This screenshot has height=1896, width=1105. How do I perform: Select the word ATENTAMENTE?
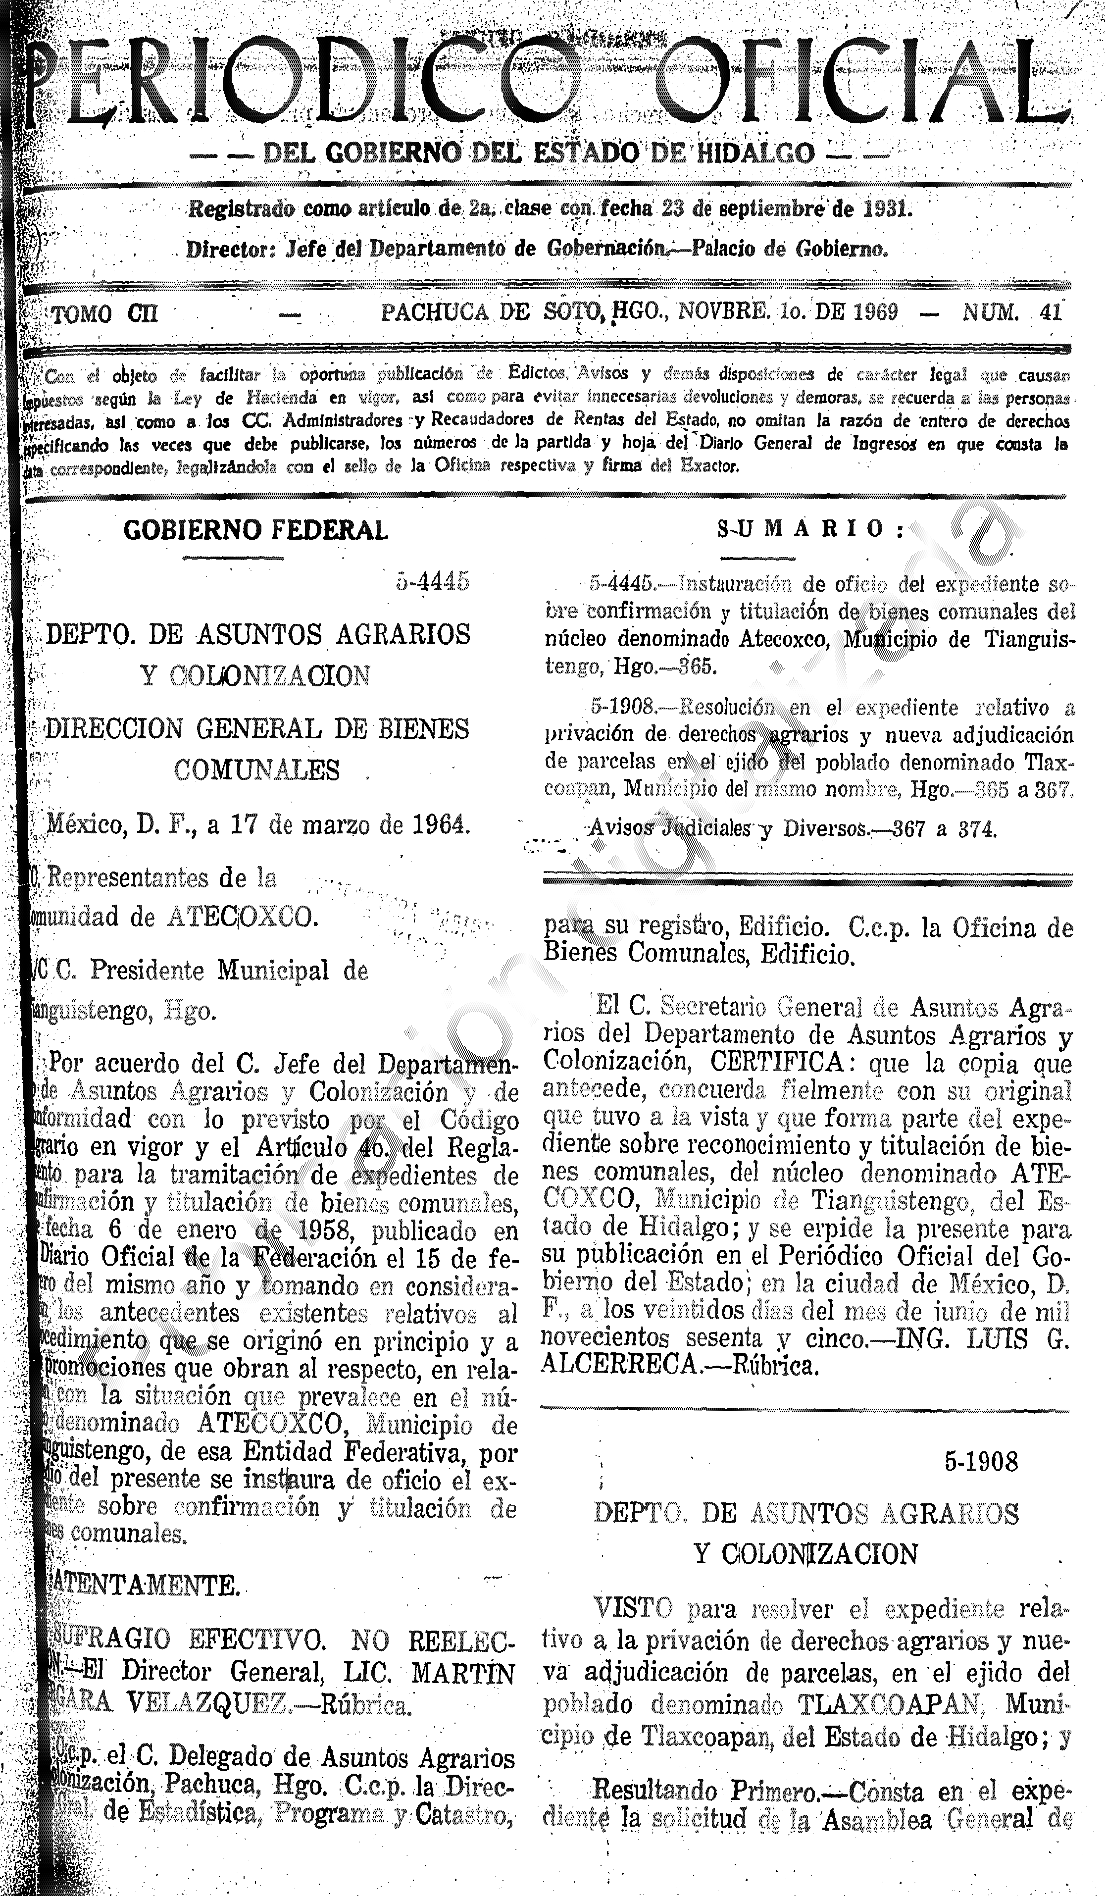tap(147, 1587)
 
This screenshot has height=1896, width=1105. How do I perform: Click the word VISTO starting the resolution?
tap(633, 1609)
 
